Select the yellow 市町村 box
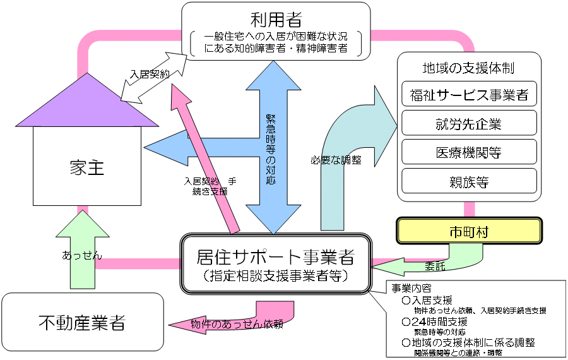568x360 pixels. coord(469,232)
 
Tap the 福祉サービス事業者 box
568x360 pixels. coord(469,96)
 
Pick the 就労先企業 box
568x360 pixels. coord(469,123)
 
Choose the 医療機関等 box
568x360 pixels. coord(469,152)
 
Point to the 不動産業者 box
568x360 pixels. coord(83,324)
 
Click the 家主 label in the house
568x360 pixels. coord(87,168)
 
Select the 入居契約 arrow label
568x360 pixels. coord(150,74)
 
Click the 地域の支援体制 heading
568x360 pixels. coord(463,67)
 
